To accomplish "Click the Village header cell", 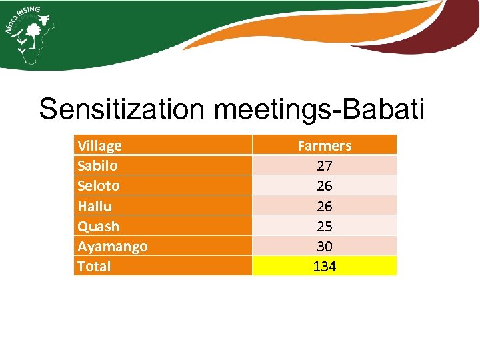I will (99, 145).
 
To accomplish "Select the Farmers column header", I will (324, 145).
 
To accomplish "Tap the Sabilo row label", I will (97, 165).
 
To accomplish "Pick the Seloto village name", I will (98, 185).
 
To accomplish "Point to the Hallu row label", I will (95, 206).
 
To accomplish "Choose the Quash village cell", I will (98, 226).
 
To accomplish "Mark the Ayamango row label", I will (112, 246).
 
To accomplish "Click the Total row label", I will (94, 266).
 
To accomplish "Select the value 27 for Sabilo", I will (324, 165).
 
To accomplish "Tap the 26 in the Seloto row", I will (324, 185).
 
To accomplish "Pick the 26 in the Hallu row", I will (324, 206).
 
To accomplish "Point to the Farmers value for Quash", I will (324, 226).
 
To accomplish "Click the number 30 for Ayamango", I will (324, 246).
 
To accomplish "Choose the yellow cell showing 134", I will (325, 266).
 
